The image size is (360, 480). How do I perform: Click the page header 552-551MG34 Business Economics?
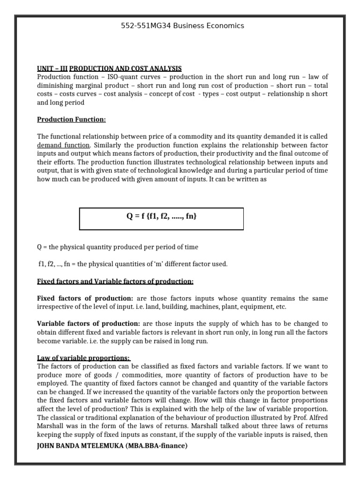point(182,26)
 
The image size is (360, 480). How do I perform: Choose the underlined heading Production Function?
point(71,119)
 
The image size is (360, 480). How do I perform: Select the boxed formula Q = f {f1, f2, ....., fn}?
point(161,216)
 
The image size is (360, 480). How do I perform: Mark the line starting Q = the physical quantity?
point(117,247)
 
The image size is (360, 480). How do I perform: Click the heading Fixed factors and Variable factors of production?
point(115,281)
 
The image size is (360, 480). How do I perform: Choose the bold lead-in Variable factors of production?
point(88,323)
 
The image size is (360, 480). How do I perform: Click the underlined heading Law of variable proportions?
point(83,358)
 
